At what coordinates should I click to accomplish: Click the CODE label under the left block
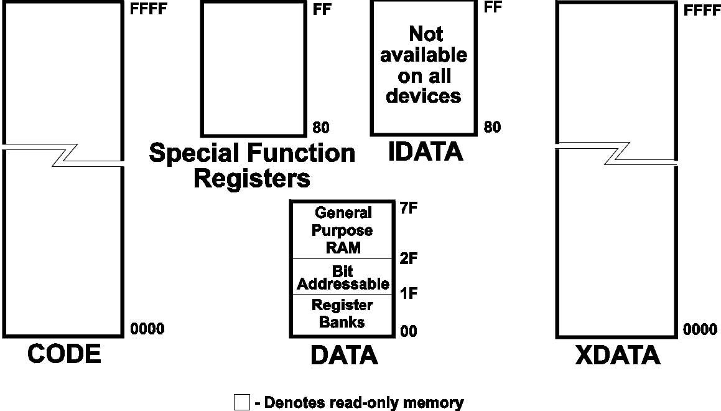[x=64, y=354]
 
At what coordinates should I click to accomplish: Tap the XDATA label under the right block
[x=617, y=355]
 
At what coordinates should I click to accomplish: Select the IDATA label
[x=426, y=152]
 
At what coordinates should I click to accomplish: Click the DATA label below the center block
[x=344, y=355]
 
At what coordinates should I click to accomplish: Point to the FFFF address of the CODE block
[x=149, y=11]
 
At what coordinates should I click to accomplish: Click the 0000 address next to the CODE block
[x=148, y=329]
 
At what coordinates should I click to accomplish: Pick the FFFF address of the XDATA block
[x=701, y=11]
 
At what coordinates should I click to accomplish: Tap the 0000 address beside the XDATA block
[x=700, y=329]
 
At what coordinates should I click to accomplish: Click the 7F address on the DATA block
[x=408, y=209]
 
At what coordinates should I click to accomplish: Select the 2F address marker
[x=408, y=258]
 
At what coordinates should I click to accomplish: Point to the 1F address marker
[x=408, y=293]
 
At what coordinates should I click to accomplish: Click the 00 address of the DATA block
[x=408, y=332]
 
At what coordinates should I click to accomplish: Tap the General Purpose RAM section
[x=343, y=230]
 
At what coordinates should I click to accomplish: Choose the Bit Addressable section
[x=343, y=278]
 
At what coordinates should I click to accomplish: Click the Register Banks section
[x=342, y=314]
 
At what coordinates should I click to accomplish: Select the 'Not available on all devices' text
[x=424, y=65]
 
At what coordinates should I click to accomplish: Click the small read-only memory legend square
[x=241, y=402]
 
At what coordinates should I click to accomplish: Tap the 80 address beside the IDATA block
[x=492, y=127]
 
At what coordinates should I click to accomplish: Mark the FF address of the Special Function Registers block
[x=320, y=11]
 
